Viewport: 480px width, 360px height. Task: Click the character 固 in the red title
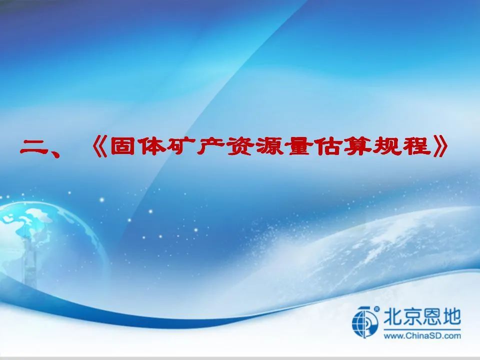tap(122, 146)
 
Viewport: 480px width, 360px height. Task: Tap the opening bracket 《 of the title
tap(100, 146)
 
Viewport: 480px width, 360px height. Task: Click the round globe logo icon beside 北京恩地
tap(365, 322)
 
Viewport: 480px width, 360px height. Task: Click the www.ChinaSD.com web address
tap(422, 336)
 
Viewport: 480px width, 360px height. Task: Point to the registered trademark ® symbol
tap(377, 309)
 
